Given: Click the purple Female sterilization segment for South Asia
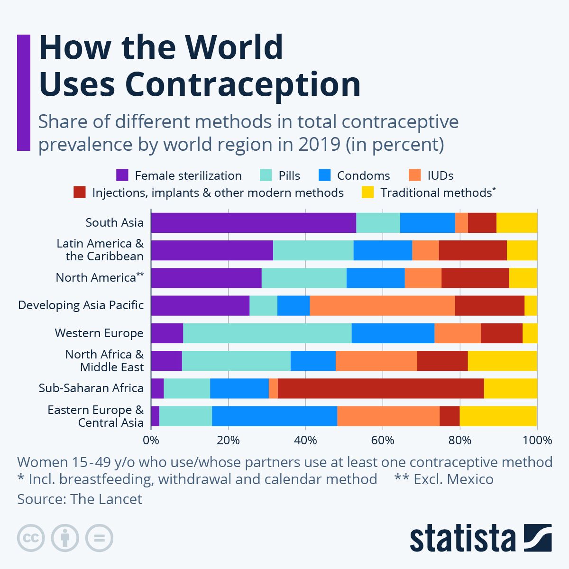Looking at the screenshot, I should (x=253, y=223).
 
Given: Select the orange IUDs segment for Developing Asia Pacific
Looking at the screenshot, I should (x=382, y=306).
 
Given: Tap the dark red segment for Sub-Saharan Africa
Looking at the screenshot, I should (x=381, y=389).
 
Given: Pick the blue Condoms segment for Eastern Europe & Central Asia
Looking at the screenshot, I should (x=275, y=416).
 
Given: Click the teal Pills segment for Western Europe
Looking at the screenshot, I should (x=267, y=333).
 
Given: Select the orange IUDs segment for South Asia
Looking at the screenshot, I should (x=461, y=223).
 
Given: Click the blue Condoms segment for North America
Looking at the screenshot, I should (x=376, y=278).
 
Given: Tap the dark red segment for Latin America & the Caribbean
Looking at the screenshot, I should (x=473, y=250).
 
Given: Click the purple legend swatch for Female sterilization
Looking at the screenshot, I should (x=122, y=175).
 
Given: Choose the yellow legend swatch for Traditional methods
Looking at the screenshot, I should (x=367, y=193).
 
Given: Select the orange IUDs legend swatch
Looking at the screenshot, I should (x=414, y=175).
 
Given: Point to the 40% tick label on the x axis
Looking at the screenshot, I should (x=305, y=441).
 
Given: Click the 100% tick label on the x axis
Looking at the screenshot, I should (x=537, y=441).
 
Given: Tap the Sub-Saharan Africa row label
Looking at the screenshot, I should (x=91, y=388).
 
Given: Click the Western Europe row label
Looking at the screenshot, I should (x=99, y=333).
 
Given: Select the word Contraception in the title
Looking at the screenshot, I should (x=243, y=84).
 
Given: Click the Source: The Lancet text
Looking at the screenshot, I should (x=80, y=499).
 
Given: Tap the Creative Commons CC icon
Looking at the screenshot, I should (x=31, y=538).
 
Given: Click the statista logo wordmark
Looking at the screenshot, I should (x=462, y=538).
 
